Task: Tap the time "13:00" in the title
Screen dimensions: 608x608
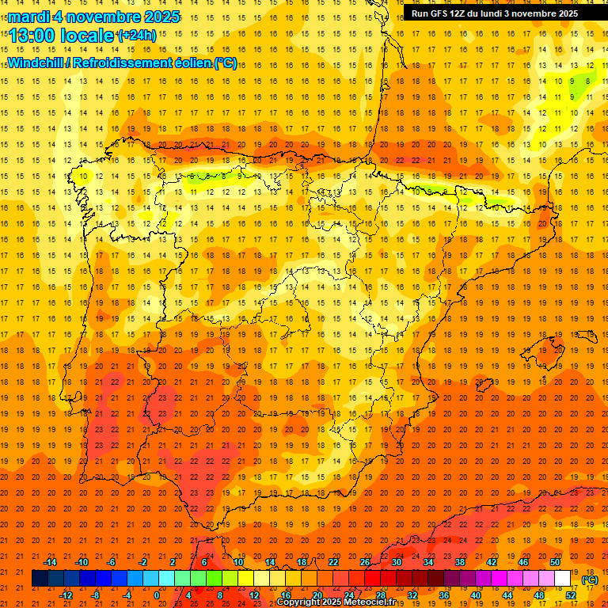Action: click(32, 36)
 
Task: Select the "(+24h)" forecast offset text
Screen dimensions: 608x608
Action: click(136, 36)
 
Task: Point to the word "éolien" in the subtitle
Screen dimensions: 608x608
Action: click(191, 63)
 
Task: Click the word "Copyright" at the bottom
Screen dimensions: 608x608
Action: click(300, 602)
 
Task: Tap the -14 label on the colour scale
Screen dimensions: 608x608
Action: click(50, 562)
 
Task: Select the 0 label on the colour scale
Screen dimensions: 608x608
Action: click(157, 595)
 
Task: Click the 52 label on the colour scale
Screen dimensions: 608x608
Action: click(571, 595)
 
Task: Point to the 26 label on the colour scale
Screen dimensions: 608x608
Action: click(365, 562)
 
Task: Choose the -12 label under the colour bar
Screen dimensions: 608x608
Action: click(66, 595)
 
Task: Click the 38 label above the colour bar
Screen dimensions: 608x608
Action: click(460, 562)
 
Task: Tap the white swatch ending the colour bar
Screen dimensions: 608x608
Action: click(562, 579)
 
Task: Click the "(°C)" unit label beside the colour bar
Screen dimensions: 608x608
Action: click(590, 579)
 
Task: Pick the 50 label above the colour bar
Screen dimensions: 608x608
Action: click(555, 562)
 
